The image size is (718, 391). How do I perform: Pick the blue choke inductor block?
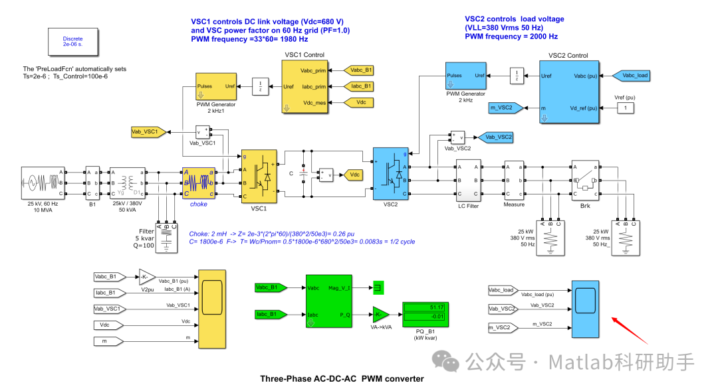(x=199, y=183)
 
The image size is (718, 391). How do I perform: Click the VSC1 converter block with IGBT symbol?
(x=259, y=176)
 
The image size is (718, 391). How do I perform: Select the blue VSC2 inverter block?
(x=390, y=173)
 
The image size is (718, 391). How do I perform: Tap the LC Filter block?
(x=467, y=180)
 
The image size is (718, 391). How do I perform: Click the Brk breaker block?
(x=585, y=180)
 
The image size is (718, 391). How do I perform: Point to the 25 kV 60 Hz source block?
(x=42, y=183)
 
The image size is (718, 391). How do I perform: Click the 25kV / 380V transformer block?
(x=126, y=183)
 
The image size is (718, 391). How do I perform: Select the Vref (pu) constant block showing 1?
(x=624, y=108)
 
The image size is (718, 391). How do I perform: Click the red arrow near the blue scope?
(x=630, y=329)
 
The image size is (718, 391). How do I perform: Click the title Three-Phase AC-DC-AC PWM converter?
(x=342, y=379)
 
